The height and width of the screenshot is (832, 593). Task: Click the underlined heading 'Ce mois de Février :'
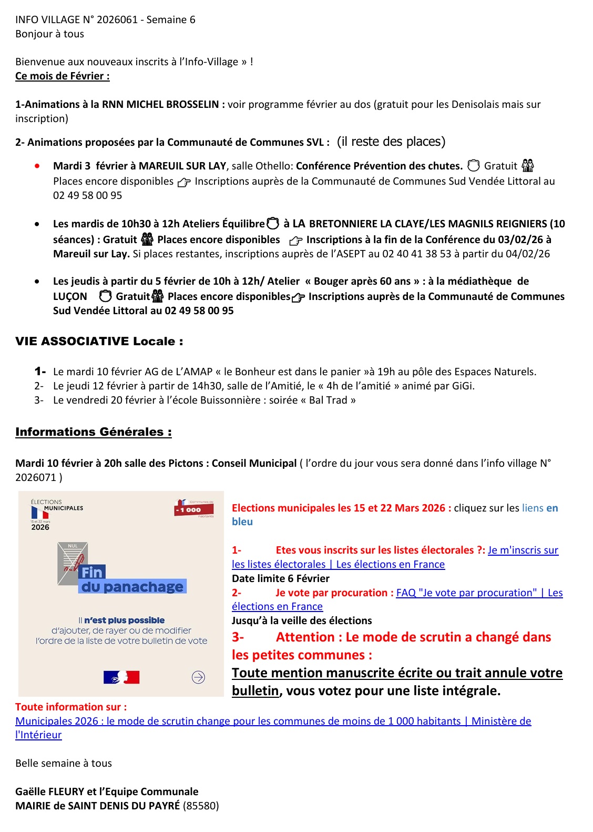point(62,76)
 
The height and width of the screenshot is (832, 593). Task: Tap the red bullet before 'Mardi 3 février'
point(37,166)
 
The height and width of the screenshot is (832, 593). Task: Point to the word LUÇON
point(70,297)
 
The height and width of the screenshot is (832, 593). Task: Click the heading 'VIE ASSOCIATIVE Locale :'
point(99,341)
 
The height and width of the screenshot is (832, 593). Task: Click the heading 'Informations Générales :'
point(93,432)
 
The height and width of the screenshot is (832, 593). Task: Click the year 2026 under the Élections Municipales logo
point(40,527)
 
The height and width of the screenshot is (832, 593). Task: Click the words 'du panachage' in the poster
point(132,587)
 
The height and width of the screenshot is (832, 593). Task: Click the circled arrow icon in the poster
point(198,677)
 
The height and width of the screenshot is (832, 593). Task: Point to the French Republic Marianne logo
point(121,677)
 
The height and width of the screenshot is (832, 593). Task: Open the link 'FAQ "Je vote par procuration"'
point(466,593)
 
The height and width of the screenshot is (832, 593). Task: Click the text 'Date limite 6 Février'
point(281,578)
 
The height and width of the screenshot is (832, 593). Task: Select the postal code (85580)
point(201,806)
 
